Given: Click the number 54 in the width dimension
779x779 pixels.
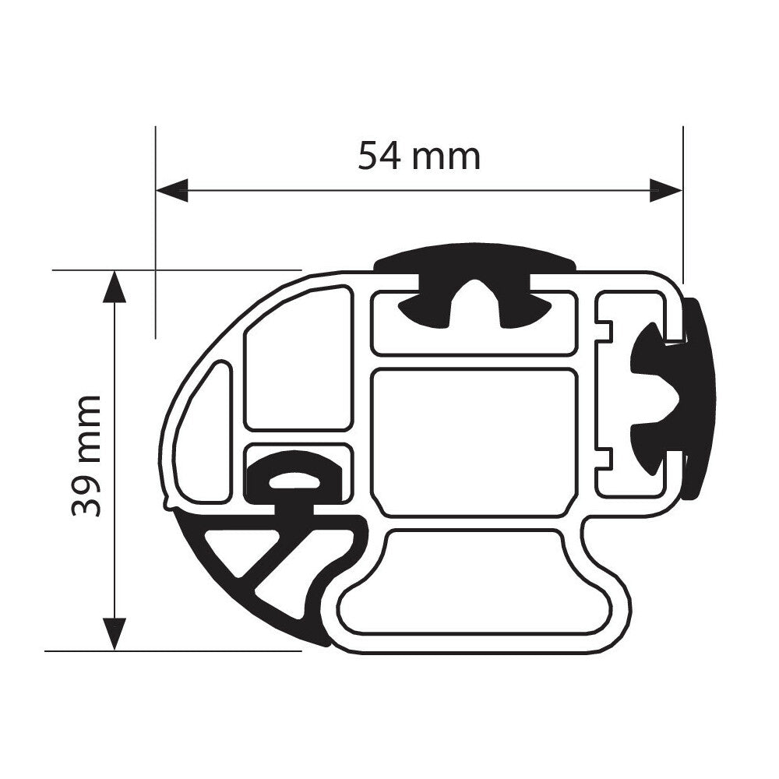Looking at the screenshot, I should [379, 157].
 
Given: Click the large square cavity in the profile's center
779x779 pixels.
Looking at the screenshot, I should [475, 441].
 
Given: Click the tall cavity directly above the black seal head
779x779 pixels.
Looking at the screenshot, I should [296, 358].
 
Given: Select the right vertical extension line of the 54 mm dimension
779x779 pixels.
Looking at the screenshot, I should [682, 234].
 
